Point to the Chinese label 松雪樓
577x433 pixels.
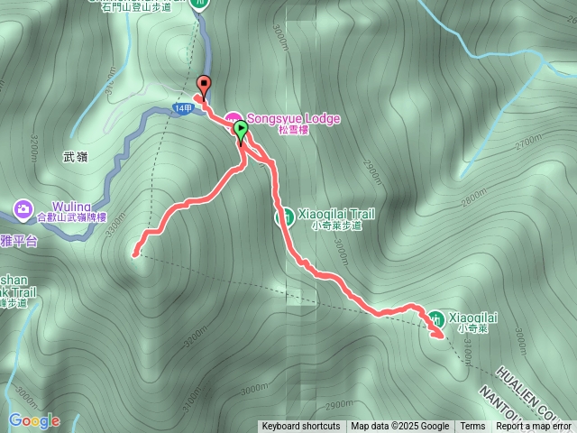pos(294,130)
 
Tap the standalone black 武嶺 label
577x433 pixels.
pos(76,157)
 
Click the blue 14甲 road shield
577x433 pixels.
pos(183,110)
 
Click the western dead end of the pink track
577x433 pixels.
pos(136,253)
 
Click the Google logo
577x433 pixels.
pos(34,420)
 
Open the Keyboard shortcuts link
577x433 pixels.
pos(301,427)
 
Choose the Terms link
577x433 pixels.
pos(472,427)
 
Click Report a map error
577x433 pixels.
pos(534,427)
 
